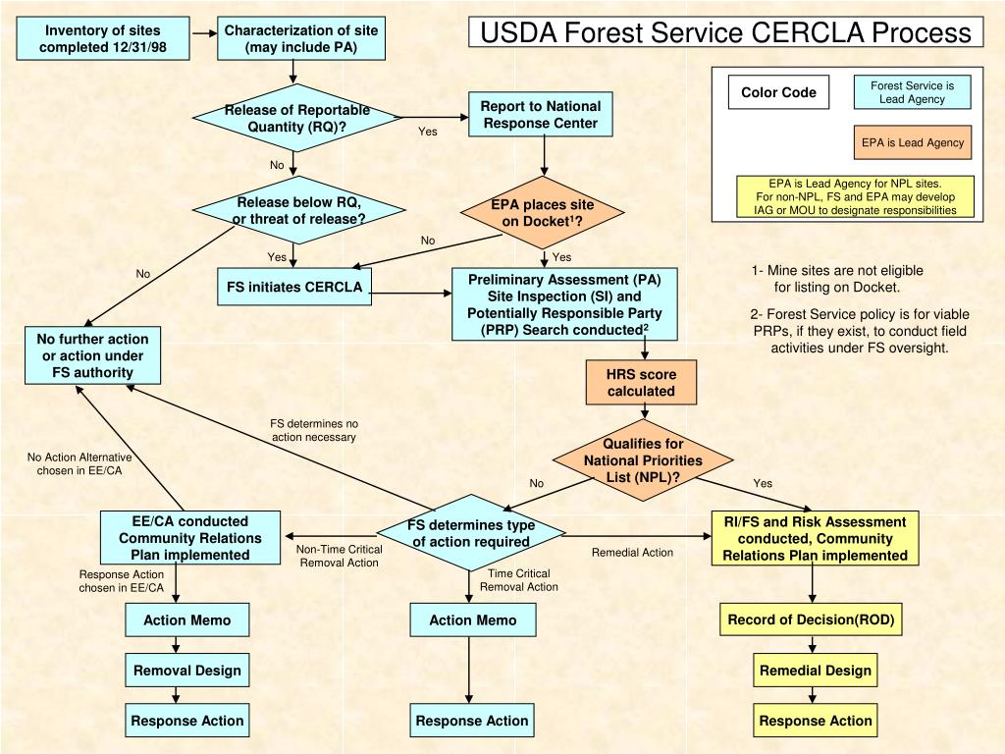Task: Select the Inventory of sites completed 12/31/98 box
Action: pos(103,38)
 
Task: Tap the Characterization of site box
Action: pos(300,38)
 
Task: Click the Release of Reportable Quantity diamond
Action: pos(295,118)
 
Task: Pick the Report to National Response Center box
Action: pos(541,114)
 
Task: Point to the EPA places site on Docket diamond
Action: pos(543,213)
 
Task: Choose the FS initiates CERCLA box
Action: pos(294,287)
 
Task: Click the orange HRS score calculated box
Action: pos(640,382)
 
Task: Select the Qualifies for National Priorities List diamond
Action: pos(643,460)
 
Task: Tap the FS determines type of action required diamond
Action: pos(471,533)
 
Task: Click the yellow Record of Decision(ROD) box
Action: pos(812,620)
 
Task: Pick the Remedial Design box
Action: pos(815,671)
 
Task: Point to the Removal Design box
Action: pos(187,671)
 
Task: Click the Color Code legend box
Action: pos(778,92)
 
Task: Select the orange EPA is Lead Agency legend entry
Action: pos(913,142)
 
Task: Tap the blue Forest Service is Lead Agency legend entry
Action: pos(912,92)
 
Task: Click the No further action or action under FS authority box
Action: pos(92,355)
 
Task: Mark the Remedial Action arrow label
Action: pos(632,553)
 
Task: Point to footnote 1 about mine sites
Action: pos(837,279)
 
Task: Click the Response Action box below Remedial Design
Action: pos(815,721)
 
